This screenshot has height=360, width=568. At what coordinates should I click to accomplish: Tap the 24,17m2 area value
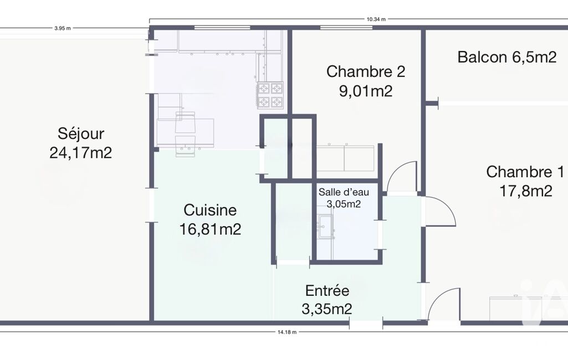80,153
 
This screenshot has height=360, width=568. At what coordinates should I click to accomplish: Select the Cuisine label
210,210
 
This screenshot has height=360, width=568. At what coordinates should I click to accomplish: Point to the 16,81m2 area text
211,229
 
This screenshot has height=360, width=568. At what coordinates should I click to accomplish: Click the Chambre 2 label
366,71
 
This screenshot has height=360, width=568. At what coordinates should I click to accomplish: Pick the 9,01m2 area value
366,90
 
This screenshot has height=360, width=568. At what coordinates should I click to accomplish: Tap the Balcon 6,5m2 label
507,57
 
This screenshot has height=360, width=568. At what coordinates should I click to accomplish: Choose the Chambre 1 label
525,172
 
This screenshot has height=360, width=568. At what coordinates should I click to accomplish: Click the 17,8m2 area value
526,191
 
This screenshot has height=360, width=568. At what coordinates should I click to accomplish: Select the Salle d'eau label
344,192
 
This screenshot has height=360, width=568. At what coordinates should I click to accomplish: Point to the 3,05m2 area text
344,204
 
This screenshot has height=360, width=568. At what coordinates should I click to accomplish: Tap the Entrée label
327,290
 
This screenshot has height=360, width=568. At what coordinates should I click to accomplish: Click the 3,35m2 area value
327,309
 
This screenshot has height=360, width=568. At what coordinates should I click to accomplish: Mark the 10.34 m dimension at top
376,19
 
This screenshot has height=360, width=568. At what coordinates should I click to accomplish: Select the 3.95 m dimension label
62,28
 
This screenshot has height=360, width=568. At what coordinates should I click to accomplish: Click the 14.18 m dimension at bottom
287,332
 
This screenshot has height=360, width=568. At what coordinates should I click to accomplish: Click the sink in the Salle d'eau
326,227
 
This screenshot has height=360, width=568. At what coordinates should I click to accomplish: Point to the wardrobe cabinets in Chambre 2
345,158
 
